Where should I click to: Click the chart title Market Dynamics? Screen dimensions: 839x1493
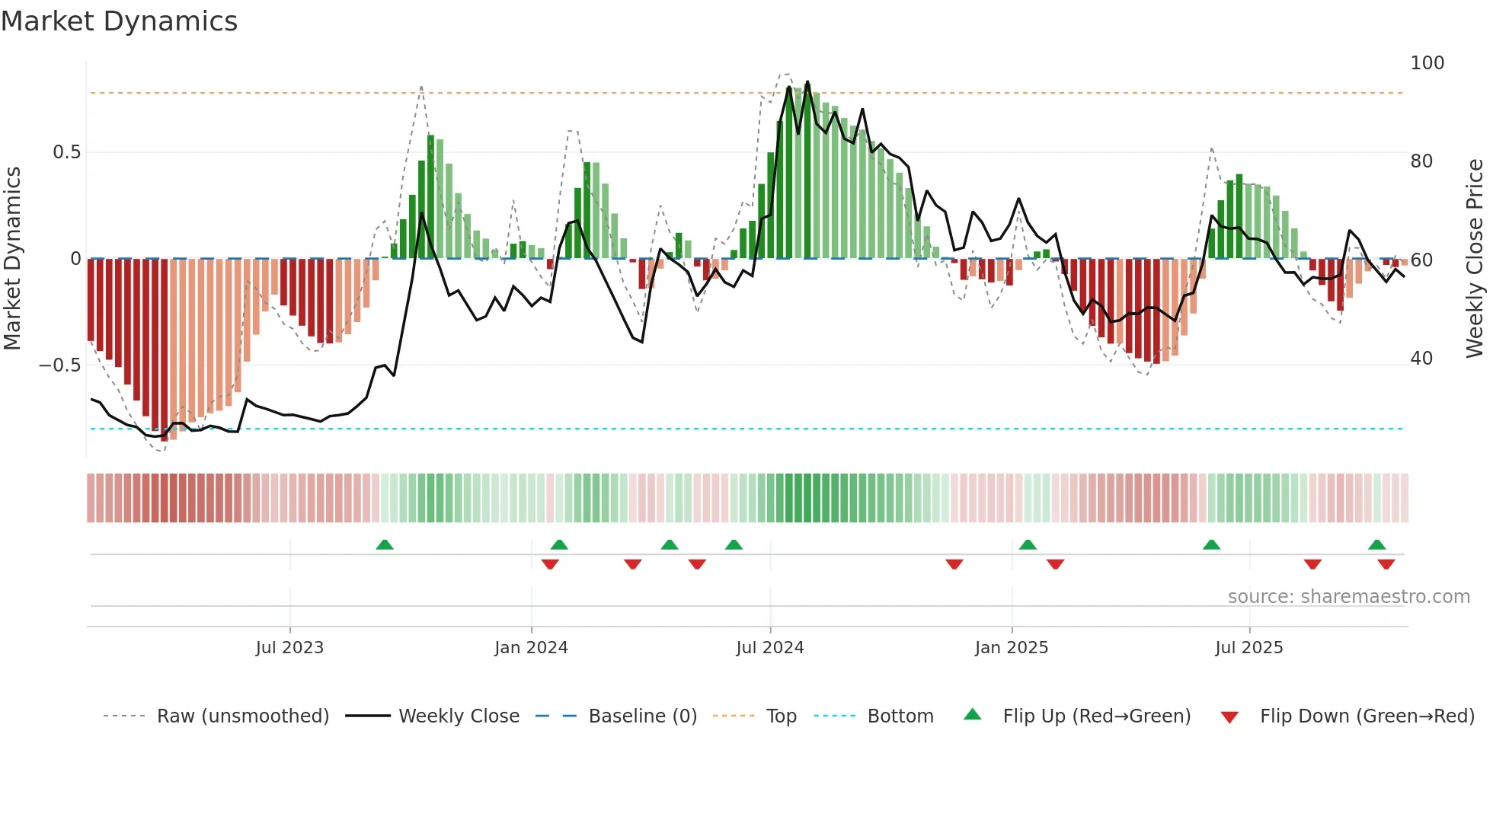119,21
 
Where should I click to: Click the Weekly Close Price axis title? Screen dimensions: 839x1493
1475,258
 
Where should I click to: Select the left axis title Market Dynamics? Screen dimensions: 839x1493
12,258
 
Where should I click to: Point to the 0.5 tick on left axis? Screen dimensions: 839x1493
66,152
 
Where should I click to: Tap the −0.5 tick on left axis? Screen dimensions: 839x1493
59,365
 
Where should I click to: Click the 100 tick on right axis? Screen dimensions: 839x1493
1427,63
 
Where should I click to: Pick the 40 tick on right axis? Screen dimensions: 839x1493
1421,359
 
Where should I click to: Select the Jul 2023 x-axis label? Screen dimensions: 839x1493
289,648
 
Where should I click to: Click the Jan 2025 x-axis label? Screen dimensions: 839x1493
1011,648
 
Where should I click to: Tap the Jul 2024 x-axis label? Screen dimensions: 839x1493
769,648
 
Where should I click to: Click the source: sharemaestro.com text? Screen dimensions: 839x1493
1348,597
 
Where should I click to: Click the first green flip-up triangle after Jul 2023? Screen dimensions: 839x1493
385,545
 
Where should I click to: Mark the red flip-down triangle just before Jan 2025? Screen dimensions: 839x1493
954,564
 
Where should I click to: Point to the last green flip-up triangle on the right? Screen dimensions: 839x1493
1376,545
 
